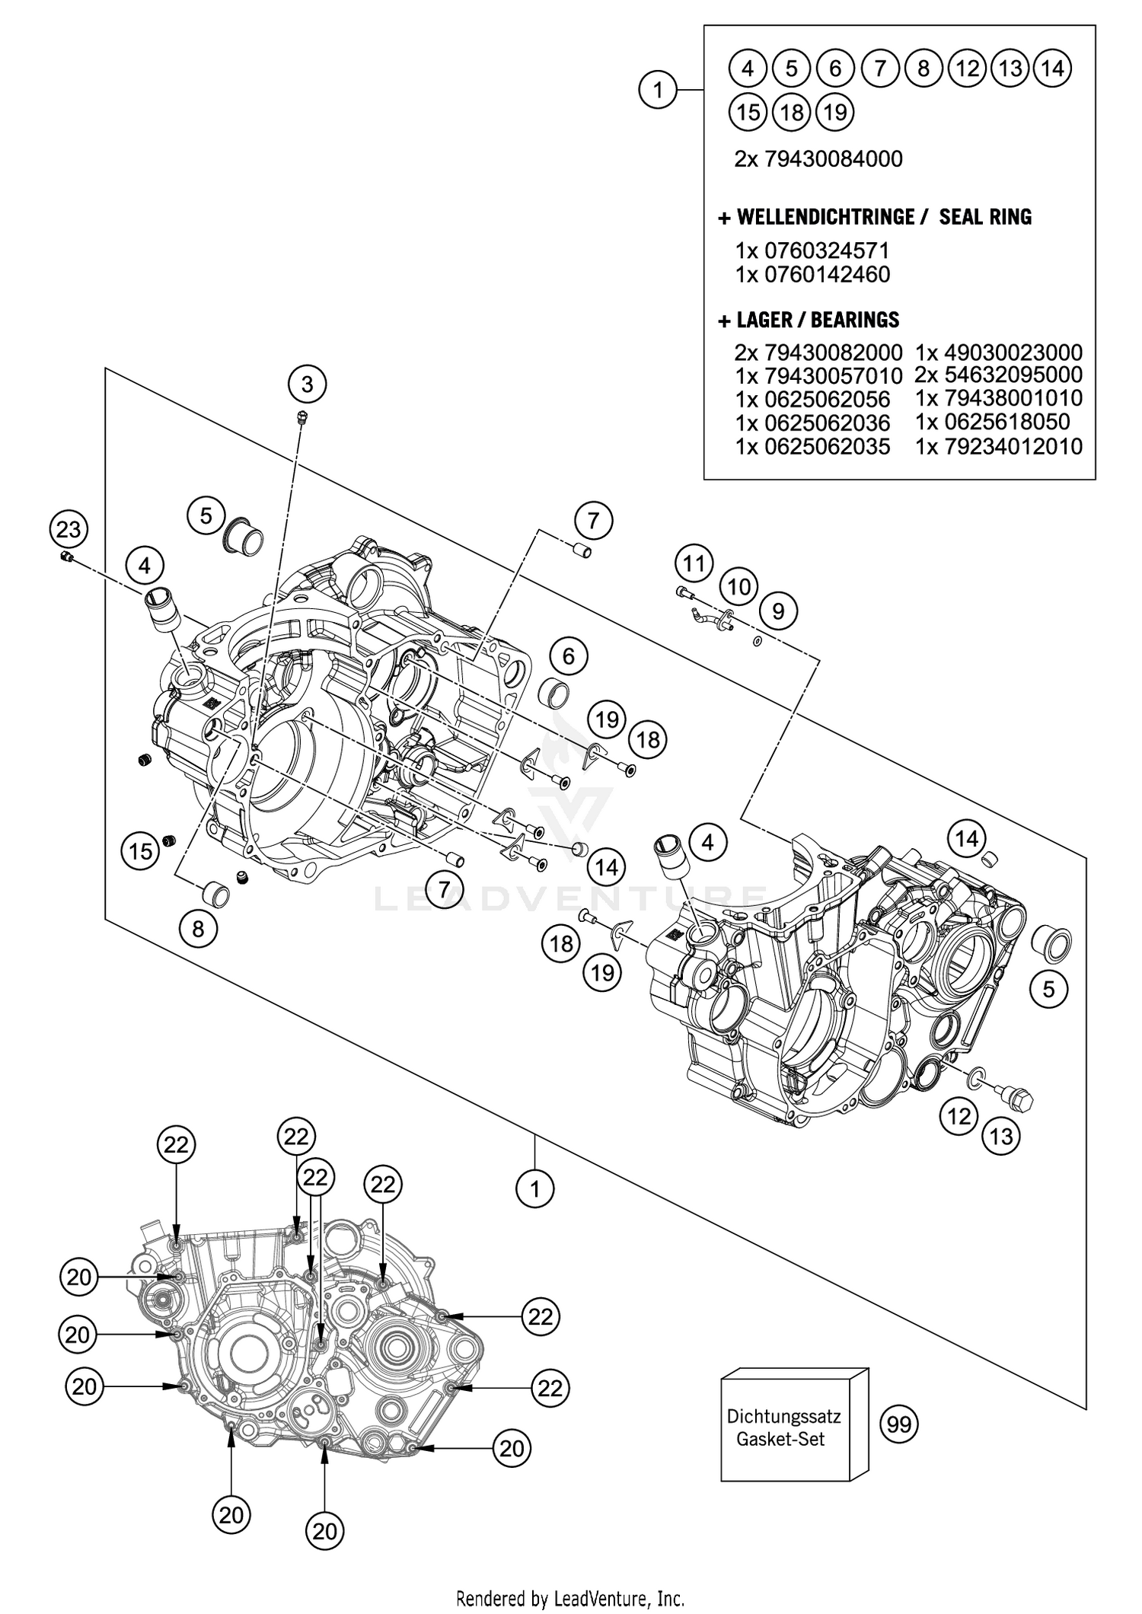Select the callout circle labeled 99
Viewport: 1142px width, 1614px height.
899,1424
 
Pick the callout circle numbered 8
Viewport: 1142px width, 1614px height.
199,929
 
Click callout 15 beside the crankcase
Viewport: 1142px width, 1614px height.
141,850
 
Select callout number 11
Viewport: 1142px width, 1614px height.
693,564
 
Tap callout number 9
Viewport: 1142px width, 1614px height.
778,611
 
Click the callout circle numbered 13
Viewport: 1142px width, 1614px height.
1001,1137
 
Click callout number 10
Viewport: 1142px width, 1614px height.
738,587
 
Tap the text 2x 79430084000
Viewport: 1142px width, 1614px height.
818,159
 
